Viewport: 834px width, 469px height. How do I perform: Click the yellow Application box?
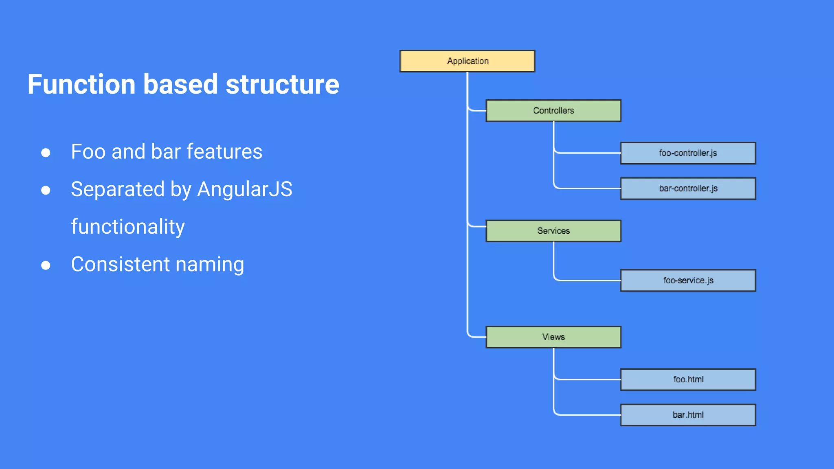(x=467, y=61)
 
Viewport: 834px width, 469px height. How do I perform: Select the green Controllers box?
(x=553, y=110)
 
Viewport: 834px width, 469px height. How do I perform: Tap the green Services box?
(x=553, y=231)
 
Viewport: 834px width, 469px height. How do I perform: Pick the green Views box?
(x=553, y=337)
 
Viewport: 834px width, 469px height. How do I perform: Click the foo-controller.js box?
(x=688, y=153)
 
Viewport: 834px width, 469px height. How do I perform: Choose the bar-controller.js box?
(x=688, y=188)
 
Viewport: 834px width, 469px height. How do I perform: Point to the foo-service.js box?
(x=688, y=281)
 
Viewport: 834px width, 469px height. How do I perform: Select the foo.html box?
(x=688, y=379)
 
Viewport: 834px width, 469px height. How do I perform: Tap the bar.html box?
(x=688, y=415)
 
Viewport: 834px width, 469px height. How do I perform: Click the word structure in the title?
(x=282, y=84)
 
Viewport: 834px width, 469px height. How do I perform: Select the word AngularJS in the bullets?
(x=244, y=189)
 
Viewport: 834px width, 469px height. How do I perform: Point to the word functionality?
(x=128, y=227)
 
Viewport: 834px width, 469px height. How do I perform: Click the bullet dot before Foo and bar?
(x=46, y=153)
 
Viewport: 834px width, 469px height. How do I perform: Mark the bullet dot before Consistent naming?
(x=46, y=265)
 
